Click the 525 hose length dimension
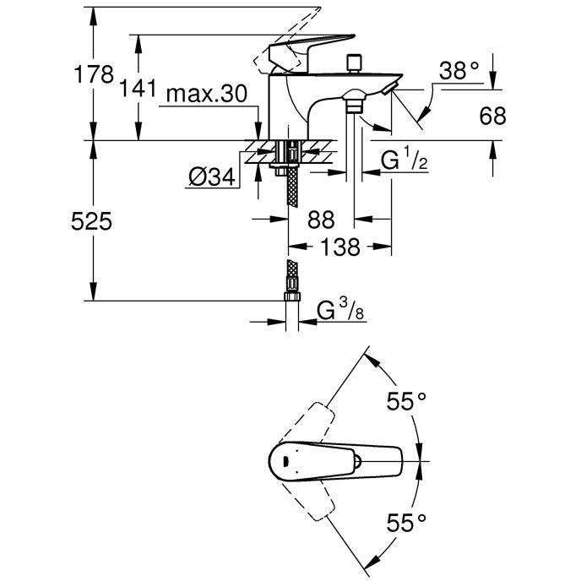tap(92, 222)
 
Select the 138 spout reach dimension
tap(342, 247)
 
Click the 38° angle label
tap(464, 73)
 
